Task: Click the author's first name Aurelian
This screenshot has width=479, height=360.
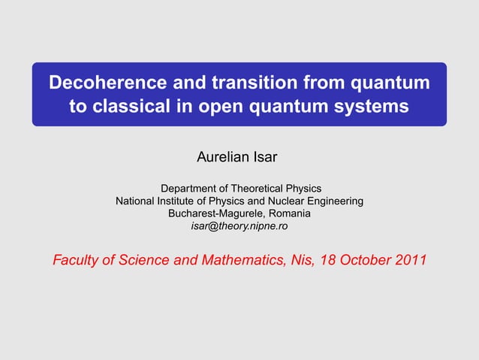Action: tap(223, 159)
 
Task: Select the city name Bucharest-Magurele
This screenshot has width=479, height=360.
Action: tap(215, 213)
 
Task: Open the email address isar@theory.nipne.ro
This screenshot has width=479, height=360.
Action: tap(239, 225)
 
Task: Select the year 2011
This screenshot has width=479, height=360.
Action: tap(410, 261)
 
